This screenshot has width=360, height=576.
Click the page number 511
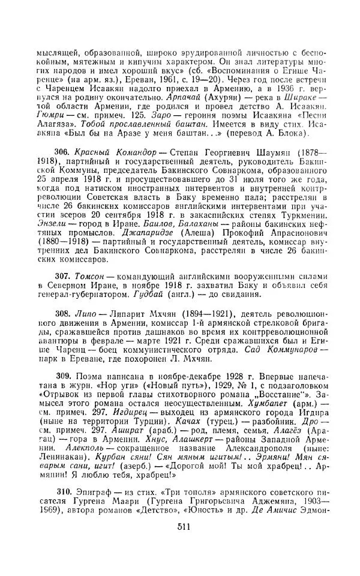click(x=184, y=544)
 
